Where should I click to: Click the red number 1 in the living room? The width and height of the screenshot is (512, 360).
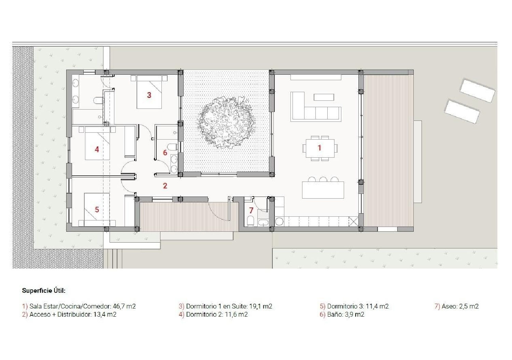[319, 148]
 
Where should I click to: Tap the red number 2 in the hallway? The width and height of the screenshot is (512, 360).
[165, 186]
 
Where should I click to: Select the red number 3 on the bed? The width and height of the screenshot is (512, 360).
[149, 95]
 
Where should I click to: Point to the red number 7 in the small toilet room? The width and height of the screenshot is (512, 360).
[251, 211]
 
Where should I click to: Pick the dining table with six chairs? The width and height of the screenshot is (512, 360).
[320, 148]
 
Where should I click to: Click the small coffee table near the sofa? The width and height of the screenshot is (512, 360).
[324, 97]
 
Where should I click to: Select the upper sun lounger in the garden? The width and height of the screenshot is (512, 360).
[477, 90]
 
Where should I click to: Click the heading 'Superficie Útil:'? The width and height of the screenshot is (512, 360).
[44, 291]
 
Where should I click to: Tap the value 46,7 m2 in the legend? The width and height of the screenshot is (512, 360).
[124, 306]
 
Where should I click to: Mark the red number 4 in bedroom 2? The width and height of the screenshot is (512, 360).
[97, 149]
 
